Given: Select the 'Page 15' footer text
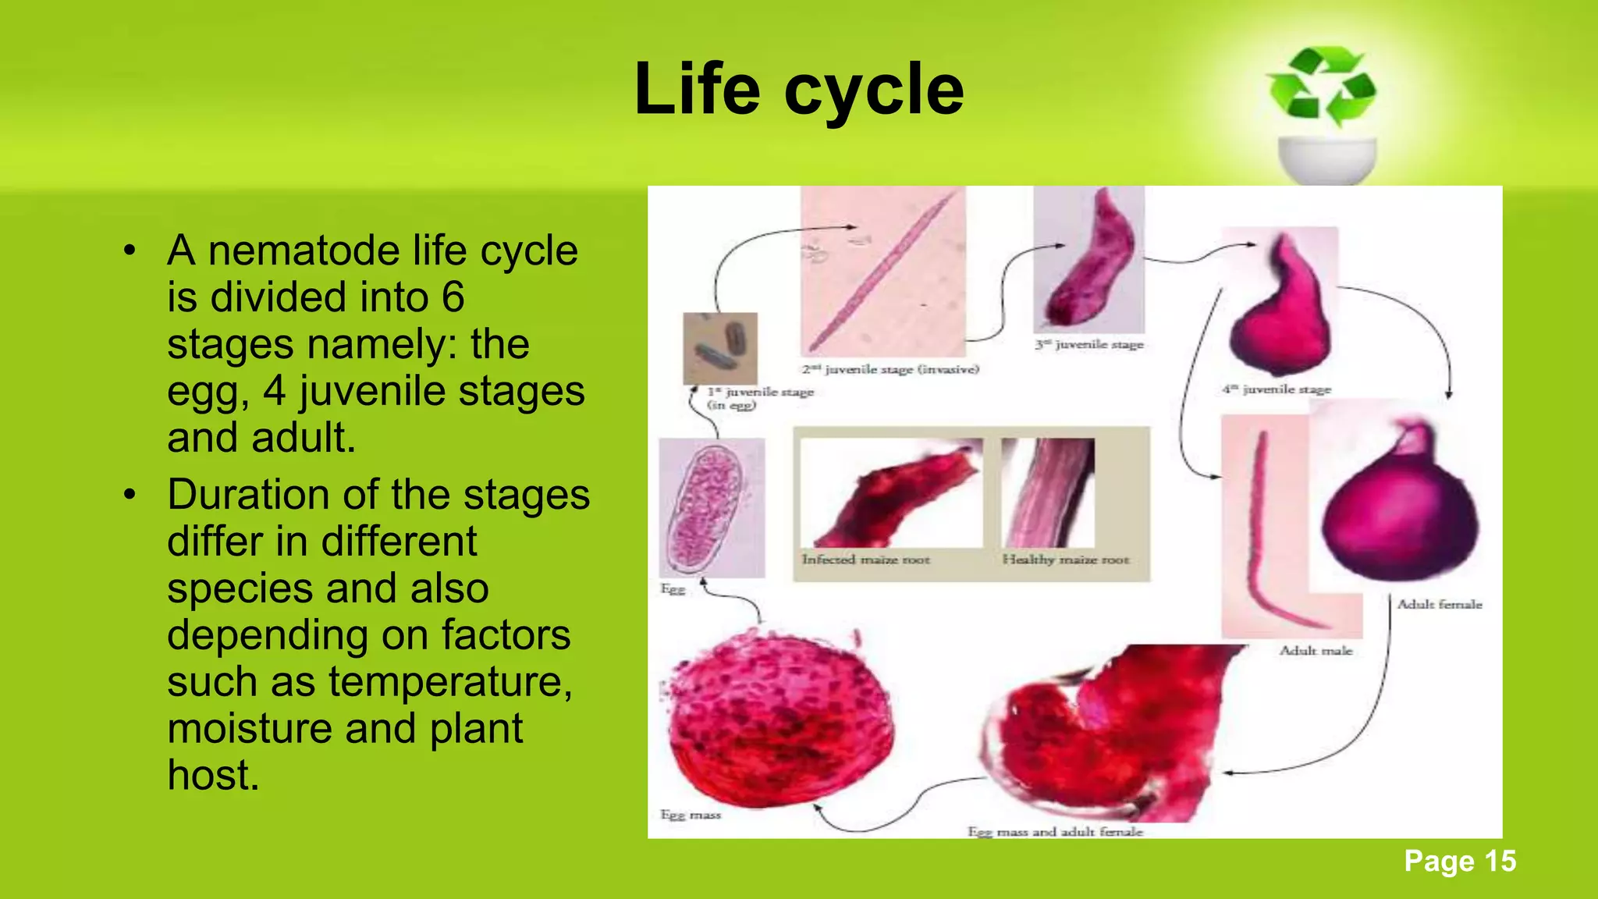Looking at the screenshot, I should pos(1459,861).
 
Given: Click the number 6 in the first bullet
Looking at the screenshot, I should pos(453,297).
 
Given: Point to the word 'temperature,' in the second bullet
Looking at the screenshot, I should pos(450,682).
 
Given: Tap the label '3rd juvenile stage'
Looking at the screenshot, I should pos(1088,344).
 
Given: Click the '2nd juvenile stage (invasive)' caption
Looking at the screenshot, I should pos(890,369).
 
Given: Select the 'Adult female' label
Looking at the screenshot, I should pos(1439,604).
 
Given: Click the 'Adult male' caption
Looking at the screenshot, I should pos(1316,650).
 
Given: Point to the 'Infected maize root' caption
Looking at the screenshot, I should pos(865,559).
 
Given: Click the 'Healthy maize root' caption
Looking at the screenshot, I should pos(1065,559).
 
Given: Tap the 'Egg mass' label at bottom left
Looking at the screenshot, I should pos(691,815).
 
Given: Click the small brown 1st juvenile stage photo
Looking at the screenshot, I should pos(720,348).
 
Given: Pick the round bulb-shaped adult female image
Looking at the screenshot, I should pos(1401,507).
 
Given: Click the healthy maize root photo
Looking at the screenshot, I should pos(1048,492).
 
